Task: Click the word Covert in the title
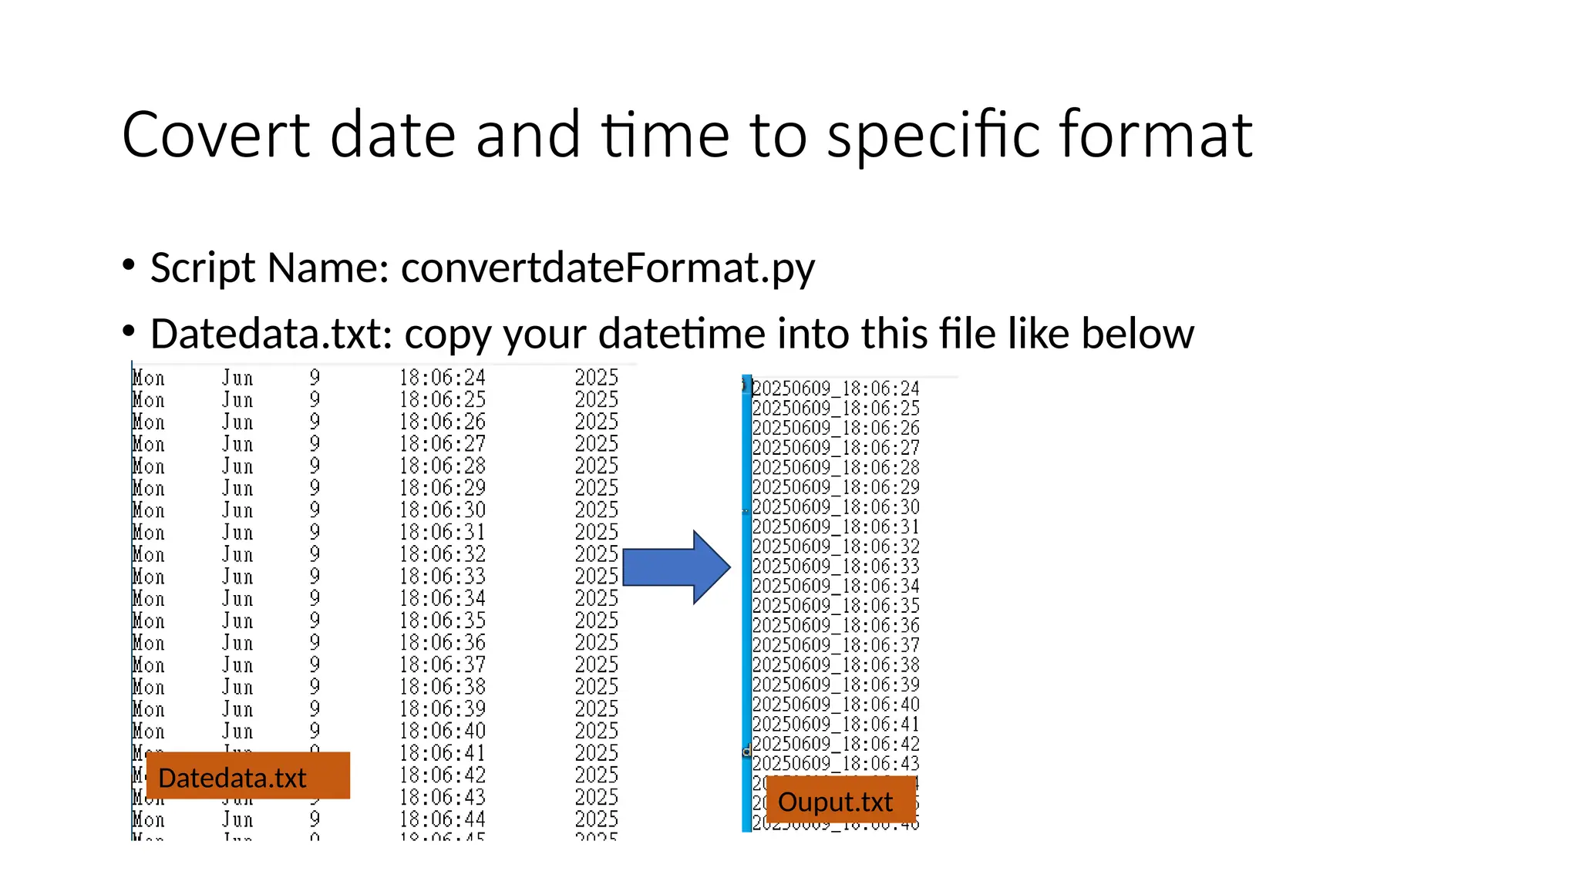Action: [216, 135]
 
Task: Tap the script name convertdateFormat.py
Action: [608, 267]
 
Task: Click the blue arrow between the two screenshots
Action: [675, 567]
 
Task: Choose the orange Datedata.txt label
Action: [247, 776]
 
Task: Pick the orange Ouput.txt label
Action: [840, 801]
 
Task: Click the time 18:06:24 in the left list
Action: [442, 378]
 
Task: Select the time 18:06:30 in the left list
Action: [442, 510]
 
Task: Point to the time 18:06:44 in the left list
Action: [442, 819]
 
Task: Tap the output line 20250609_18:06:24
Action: [836, 388]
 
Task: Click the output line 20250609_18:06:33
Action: [836, 566]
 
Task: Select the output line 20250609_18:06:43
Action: [836, 763]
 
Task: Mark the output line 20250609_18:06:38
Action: [836, 664]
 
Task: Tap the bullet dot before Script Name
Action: [129, 266]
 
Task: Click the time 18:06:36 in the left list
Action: [442, 643]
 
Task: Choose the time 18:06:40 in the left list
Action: [442, 731]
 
